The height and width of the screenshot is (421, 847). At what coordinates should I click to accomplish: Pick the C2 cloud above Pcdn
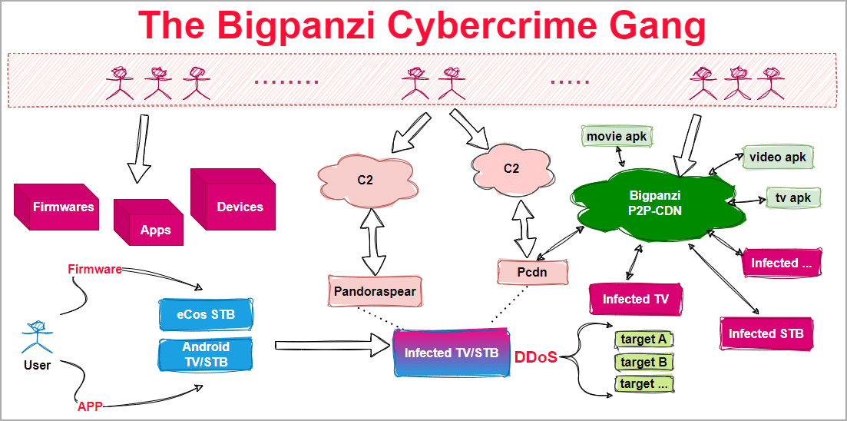pos(511,168)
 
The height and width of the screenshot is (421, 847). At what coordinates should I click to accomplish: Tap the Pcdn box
pos(532,272)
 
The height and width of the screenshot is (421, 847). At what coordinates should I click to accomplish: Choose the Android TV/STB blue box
pos(206,354)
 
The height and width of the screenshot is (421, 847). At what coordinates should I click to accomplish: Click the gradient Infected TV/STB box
pos(452,353)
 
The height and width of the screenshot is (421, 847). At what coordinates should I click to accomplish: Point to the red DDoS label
pos(535,357)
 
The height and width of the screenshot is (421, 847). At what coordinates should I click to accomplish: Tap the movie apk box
pos(617,137)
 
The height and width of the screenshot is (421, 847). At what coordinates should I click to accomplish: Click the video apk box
pos(776,157)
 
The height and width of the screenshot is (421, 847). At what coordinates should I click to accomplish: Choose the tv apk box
pos(793,197)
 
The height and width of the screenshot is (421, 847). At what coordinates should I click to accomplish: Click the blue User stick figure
pos(36,335)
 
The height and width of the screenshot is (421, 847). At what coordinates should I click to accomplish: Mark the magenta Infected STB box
pos(766,333)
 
